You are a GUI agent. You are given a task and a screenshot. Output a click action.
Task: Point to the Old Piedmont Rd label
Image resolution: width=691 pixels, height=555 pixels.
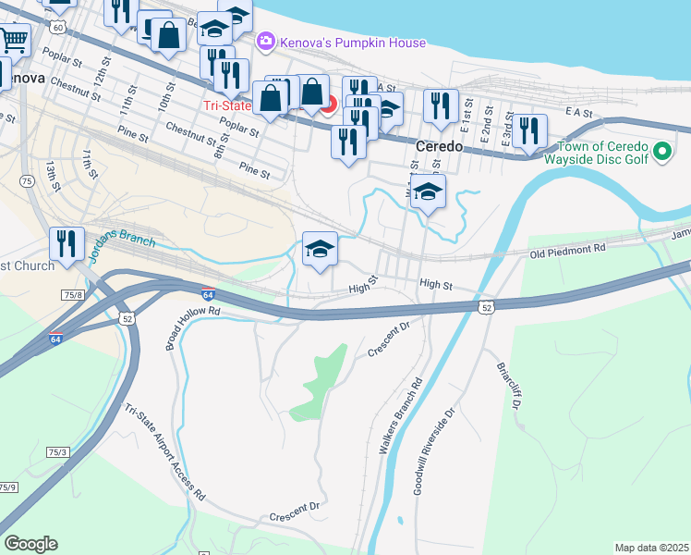click(x=567, y=250)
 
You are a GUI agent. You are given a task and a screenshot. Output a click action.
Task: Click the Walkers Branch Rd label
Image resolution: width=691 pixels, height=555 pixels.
click(x=400, y=414)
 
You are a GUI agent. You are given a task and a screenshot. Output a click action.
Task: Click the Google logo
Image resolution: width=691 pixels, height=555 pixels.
click(x=30, y=544)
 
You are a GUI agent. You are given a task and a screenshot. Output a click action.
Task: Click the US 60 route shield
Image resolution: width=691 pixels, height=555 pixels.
click(x=58, y=28)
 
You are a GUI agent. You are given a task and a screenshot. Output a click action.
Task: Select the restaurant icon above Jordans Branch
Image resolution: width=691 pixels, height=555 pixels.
click(x=67, y=243)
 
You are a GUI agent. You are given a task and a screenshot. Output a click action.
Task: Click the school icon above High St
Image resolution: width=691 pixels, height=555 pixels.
click(x=321, y=249)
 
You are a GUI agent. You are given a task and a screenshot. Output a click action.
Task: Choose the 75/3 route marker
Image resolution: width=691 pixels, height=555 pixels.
click(x=58, y=451)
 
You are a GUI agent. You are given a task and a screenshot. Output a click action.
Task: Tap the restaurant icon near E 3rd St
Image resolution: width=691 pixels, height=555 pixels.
click(x=527, y=129)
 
